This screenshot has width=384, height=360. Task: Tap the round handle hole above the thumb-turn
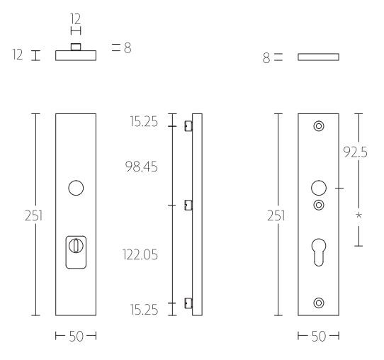point(75,189)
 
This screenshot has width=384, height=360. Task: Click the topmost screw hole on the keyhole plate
point(318,127)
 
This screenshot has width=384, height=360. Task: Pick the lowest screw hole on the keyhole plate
point(318,303)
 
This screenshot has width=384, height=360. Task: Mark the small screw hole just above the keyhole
point(318,206)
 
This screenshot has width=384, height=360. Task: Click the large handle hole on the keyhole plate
point(318,189)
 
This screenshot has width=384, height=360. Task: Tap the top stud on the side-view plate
point(188,127)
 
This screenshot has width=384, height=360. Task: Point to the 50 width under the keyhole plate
point(318,336)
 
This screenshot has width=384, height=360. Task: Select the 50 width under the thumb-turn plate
point(75,336)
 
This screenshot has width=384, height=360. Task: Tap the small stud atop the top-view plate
point(76,48)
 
